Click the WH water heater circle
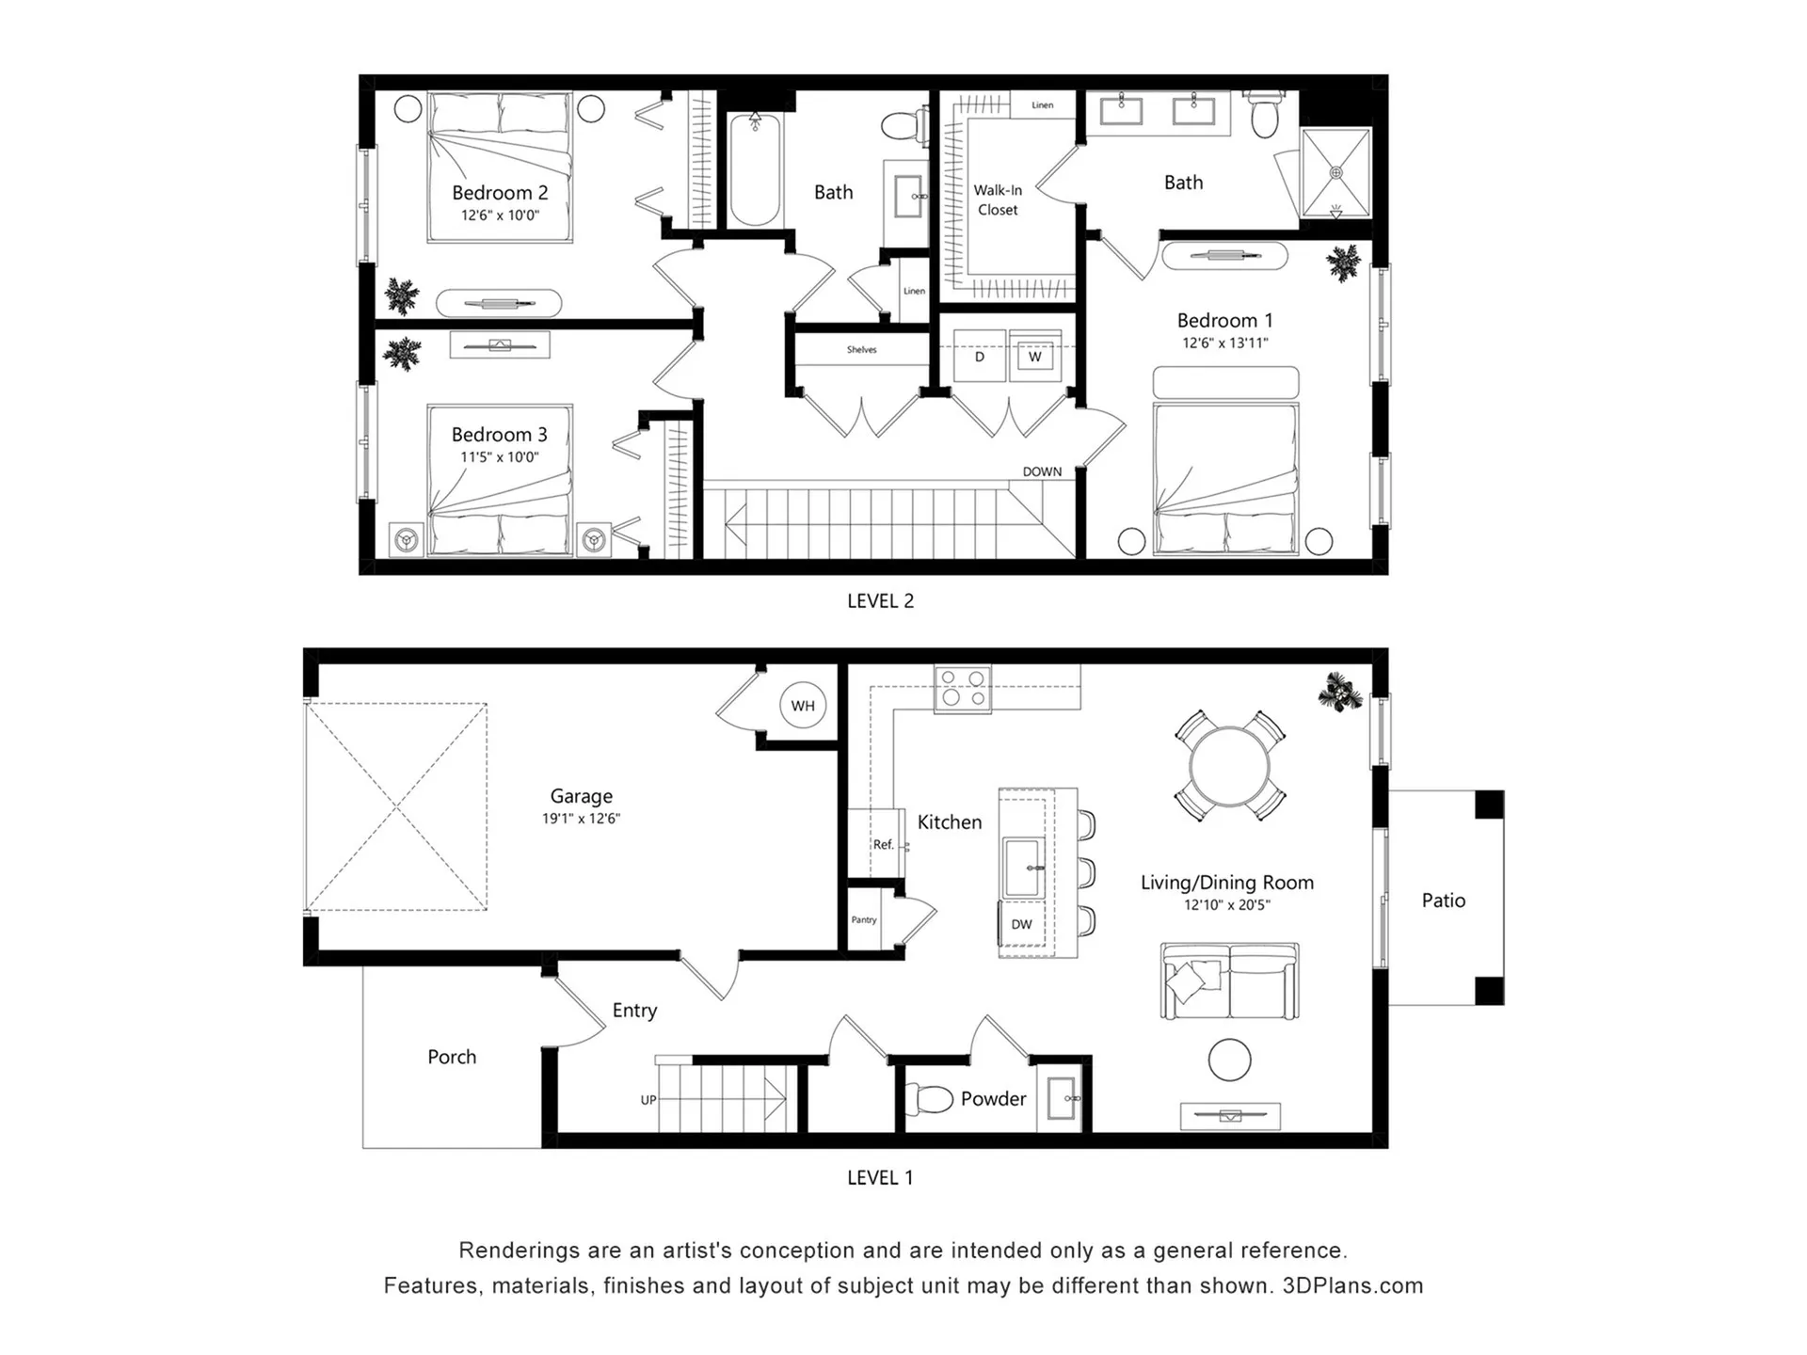pos(803,706)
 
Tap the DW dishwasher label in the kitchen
pos(1021,924)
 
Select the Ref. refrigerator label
pos(883,844)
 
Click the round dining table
pos(1229,766)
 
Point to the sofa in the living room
pos(1229,980)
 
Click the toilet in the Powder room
pos(929,1098)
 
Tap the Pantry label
pos(864,919)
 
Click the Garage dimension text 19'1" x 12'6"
pos(581,819)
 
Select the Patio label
pos(1444,901)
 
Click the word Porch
pos(452,1057)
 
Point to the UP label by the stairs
pos(648,1100)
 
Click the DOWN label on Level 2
pos(1042,471)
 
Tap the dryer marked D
pos(979,356)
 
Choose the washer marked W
pos(1035,356)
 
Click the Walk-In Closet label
pos(998,199)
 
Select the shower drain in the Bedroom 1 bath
pos(1335,172)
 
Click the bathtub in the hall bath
pos(755,169)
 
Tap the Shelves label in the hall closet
pos(861,350)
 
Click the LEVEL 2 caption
pos(880,601)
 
